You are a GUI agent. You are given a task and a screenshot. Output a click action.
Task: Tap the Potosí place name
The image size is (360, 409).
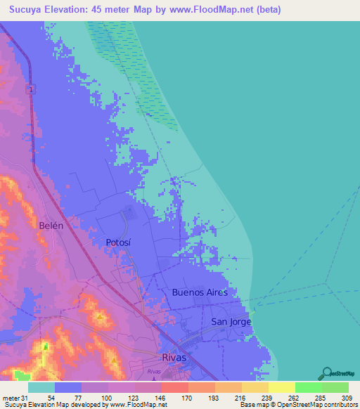118,242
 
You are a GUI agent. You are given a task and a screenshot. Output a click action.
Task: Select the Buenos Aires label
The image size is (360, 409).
200,292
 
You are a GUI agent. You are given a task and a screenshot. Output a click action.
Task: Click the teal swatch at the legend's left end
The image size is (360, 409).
41,387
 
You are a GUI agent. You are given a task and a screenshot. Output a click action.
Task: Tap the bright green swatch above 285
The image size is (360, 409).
308,387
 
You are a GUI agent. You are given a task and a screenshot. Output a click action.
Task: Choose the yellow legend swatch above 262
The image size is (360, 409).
281,387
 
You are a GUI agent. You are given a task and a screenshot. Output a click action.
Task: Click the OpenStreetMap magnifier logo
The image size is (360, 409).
326,372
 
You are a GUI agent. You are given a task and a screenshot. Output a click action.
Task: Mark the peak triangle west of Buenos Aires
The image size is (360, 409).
101,317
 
